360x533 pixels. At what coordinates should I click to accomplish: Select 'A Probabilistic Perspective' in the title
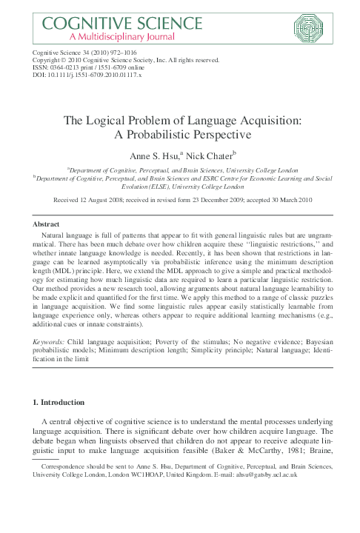tap(179, 136)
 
